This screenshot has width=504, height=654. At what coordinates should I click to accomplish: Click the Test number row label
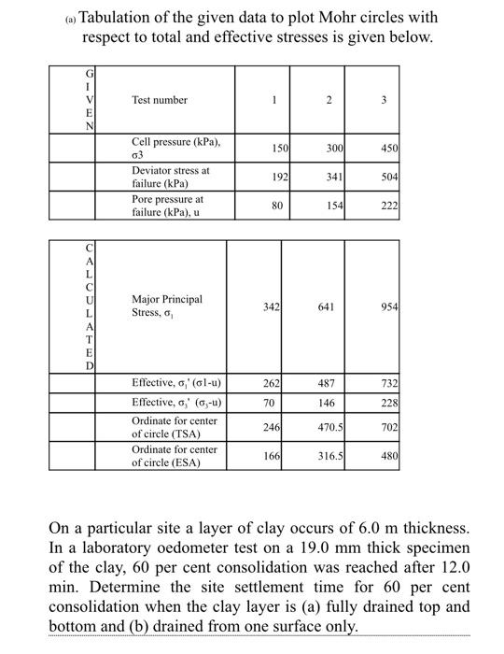(x=160, y=100)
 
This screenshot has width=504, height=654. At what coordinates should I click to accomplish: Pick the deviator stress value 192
(x=279, y=176)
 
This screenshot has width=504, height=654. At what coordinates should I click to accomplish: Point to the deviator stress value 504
(x=389, y=176)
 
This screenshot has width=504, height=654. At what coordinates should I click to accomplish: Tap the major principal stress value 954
(x=389, y=307)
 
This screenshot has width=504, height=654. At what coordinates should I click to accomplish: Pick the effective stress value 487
(x=327, y=383)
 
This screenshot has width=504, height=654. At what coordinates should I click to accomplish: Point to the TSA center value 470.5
(x=331, y=428)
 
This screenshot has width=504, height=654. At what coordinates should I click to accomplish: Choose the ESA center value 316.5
(x=331, y=456)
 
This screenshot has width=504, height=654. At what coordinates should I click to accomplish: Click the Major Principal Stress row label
(x=166, y=306)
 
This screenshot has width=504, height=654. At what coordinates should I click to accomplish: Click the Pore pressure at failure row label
(x=167, y=206)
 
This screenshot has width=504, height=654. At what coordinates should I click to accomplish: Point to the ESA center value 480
(x=389, y=456)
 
